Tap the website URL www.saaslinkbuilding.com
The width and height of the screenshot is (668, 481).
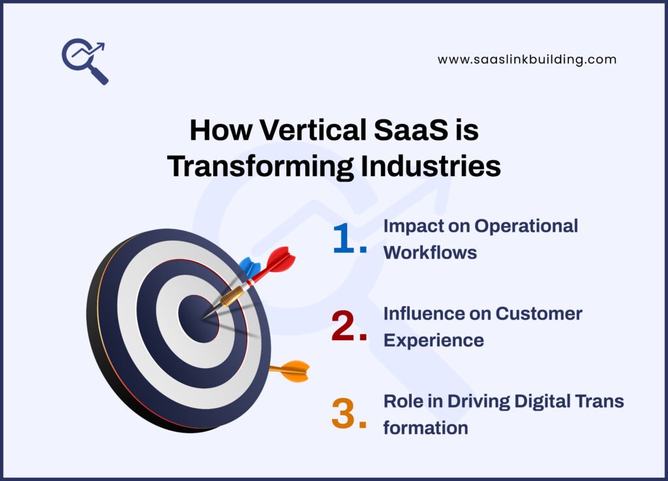526,59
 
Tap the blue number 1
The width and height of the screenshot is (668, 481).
348,240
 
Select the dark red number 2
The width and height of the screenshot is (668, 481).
348,327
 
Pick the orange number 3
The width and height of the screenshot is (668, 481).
348,414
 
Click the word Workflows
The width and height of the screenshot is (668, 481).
430,253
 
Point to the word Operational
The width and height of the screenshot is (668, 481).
526,226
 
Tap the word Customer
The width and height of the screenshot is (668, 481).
539,313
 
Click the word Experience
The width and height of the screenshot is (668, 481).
433,340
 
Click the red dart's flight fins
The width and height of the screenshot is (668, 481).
279,261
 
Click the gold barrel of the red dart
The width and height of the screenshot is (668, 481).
232,295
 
